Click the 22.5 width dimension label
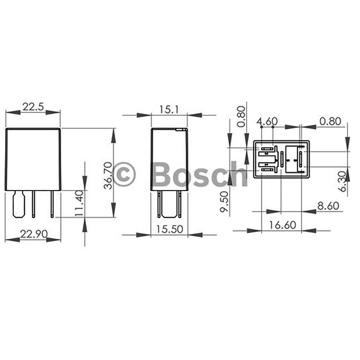[x=33, y=107]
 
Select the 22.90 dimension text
[x=33, y=234]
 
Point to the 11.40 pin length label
[x=80, y=203]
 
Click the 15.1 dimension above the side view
[x=169, y=109]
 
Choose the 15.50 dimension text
[x=169, y=229]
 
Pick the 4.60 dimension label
[x=266, y=121]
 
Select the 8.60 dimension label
[x=328, y=206]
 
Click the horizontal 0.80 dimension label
[x=330, y=121]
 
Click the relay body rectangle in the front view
[x=33, y=159]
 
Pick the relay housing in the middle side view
[x=169, y=159]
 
